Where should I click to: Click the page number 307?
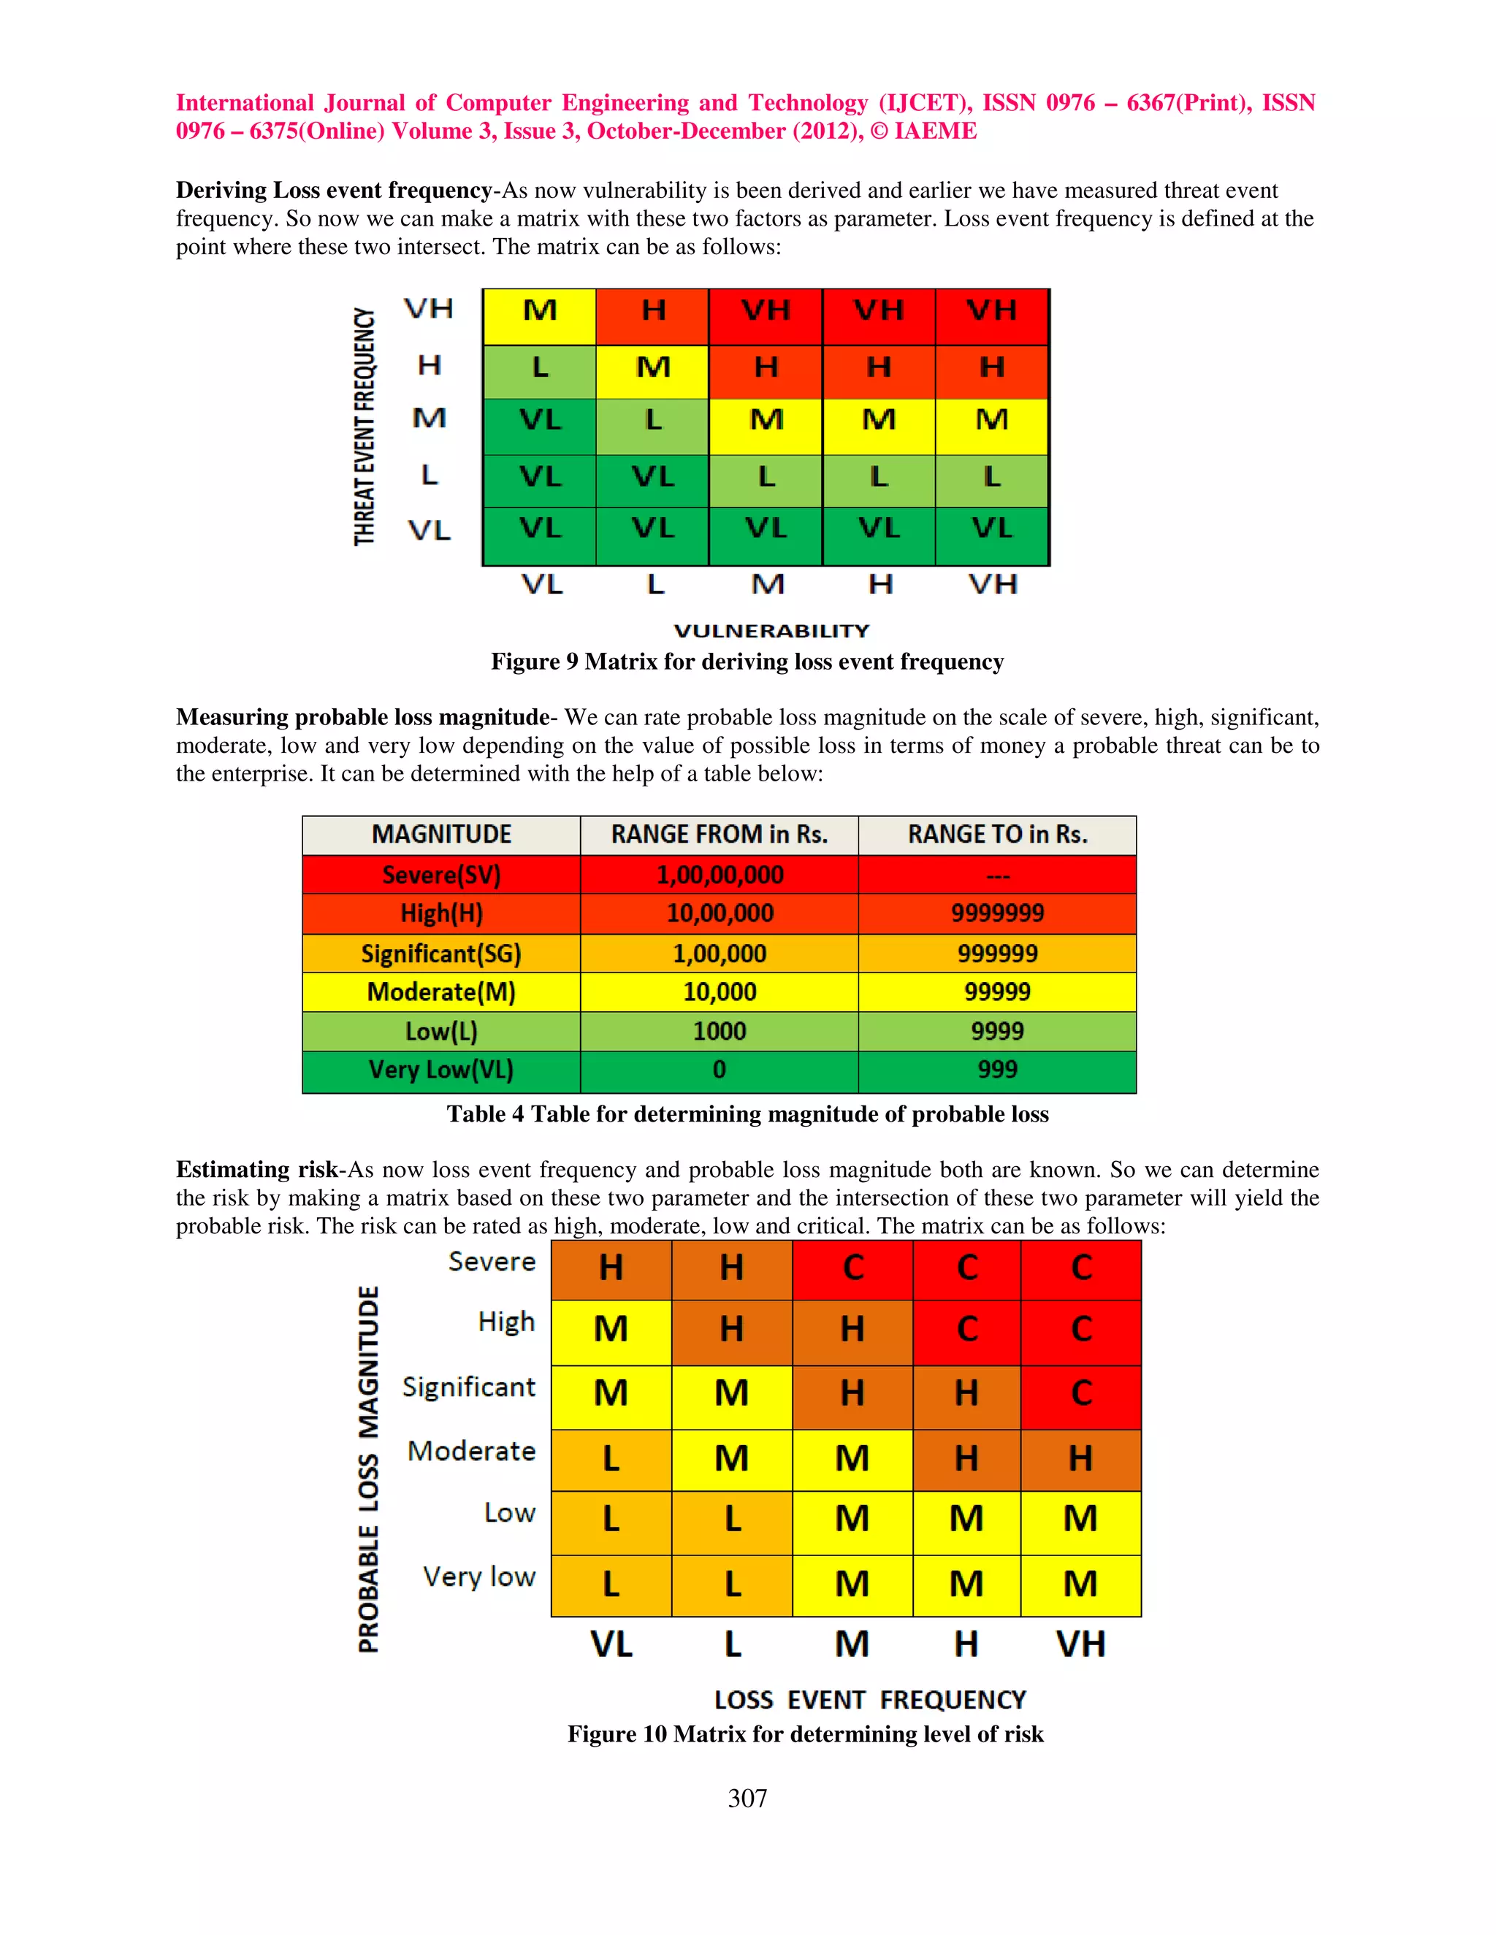click(747, 1798)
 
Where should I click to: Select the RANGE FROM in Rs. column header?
click(719, 835)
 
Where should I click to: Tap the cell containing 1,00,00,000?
click(719, 875)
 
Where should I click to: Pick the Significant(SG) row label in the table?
click(440, 954)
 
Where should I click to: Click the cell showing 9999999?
click(997, 913)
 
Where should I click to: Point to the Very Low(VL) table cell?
click(440, 1070)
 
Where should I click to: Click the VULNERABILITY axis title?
click(771, 631)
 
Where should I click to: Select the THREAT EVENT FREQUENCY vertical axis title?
click(365, 426)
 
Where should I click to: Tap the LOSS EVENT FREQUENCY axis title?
click(869, 1699)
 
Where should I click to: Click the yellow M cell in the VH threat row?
click(540, 311)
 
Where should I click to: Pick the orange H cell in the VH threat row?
click(653, 311)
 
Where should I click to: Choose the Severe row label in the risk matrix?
click(492, 1261)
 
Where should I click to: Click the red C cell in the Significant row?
click(1080, 1392)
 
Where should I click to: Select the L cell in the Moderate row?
click(611, 1458)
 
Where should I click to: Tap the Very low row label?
click(478, 1577)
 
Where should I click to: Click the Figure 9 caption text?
click(747, 662)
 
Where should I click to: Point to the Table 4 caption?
click(747, 1114)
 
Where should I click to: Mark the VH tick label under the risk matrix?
click(1080, 1644)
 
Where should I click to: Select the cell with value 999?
click(997, 1070)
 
